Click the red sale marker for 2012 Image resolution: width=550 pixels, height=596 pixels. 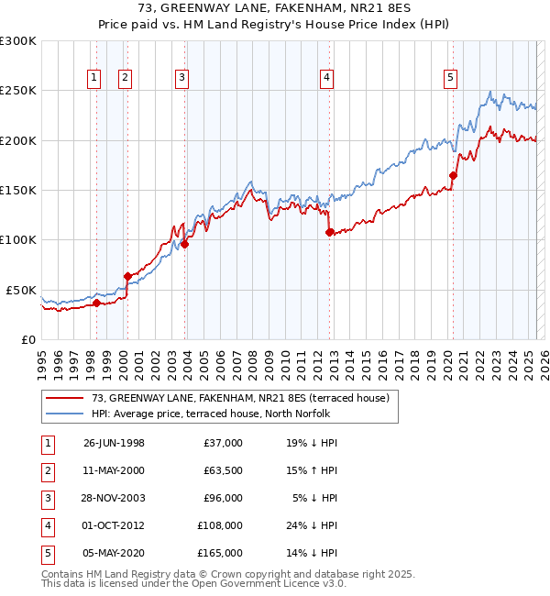click(329, 232)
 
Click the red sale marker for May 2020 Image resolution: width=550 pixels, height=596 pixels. click(453, 175)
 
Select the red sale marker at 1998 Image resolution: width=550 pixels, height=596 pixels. click(96, 303)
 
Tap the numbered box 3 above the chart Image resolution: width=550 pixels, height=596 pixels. click(182, 79)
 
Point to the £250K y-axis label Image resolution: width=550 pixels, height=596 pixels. click(18, 91)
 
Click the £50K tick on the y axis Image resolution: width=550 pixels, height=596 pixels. click(22, 290)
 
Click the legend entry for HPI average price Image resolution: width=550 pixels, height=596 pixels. click(216, 414)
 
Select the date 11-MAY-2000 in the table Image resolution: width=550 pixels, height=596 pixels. click(114, 470)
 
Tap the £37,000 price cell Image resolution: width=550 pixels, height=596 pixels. click(223, 443)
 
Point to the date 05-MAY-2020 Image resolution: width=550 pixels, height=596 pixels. click(114, 553)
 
